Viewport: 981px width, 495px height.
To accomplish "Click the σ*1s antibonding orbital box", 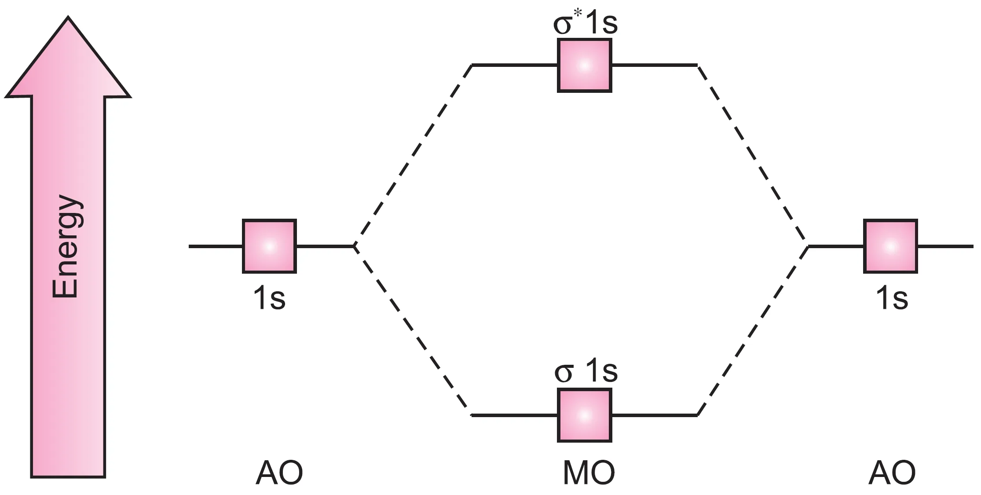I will pos(584,66).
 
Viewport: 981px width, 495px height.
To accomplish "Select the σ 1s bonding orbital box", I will pos(584,415).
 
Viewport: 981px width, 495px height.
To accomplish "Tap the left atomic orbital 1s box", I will pos(269,246).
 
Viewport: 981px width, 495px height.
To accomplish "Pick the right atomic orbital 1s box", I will pos(890,246).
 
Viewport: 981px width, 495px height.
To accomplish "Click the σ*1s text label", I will pos(585,24).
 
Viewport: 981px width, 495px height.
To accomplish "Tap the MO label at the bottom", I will pos(589,473).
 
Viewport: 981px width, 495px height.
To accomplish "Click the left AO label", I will pos(279,473).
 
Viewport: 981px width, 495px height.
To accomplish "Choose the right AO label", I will pos(892,473).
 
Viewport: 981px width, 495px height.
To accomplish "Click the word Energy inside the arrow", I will pos(66,246).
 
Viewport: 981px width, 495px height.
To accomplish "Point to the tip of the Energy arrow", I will pos(68,18).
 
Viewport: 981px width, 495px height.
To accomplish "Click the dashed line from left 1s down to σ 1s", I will pos(411,330).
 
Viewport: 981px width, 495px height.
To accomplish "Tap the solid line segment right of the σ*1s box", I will pos(654,66).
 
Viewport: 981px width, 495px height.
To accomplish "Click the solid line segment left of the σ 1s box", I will pos(515,415).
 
